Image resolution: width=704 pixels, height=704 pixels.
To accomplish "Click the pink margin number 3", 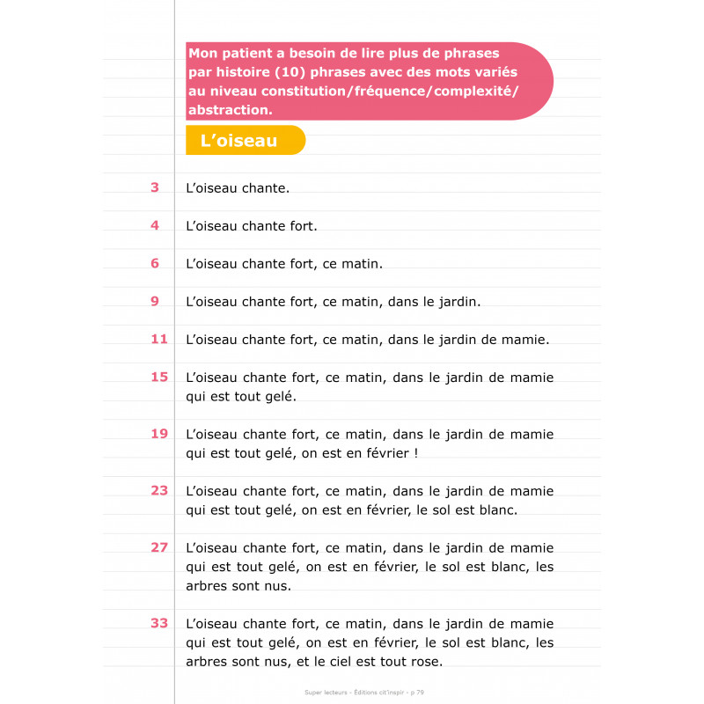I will pyautogui.click(x=155, y=187).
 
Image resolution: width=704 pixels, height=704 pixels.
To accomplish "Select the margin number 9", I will pyautogui.click(x=155, y=301).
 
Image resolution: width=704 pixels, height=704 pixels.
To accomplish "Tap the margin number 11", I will pyautogui.click(x=158, y=339).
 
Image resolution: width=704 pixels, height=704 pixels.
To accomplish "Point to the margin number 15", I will pyautogui.click(x=158, y=377).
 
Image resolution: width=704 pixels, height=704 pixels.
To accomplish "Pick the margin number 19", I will pyautogui.click(x=158, y=433).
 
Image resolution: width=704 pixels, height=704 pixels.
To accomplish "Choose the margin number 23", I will pyautogui.click(x=158, y=490).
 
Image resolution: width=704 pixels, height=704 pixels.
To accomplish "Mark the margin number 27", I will pyautogui.click(x=158, y=546).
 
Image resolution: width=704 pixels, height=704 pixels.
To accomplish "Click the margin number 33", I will pyautogui.click(x=158, y=623).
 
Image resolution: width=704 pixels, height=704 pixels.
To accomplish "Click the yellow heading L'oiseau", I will pyautogui.click(x=238, y=141).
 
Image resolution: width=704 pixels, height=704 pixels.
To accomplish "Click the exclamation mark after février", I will pyautogui.click(x=413, y=453).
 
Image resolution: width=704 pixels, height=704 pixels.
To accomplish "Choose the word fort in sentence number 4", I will pyautogui.click(x=304, y=226).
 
